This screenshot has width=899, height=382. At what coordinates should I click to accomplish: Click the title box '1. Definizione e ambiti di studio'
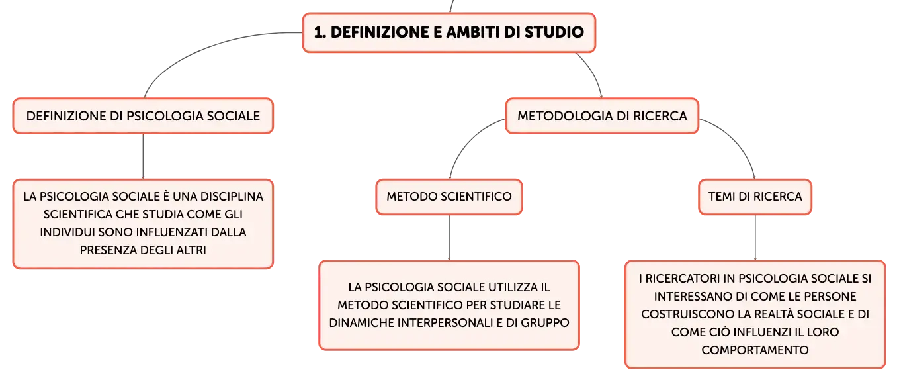click(x=449, y=32)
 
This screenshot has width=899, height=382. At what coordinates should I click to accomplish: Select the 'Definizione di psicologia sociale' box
click(x=143, y=116)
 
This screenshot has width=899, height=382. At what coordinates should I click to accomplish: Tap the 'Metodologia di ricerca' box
click(x=602, y=116)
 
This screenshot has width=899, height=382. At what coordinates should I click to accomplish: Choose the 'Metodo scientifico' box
click(x=449, y=197)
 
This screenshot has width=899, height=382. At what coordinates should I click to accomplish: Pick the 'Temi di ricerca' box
click(x=755, y=197)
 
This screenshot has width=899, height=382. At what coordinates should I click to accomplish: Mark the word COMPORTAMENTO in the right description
click(x=755, y=350)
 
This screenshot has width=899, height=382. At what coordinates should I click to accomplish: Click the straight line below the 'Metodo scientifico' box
click(x=449, y=238)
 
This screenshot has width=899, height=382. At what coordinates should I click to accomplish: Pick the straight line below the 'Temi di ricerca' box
click(x=755, y=238)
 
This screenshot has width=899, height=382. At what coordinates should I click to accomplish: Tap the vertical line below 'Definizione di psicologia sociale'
click(x=143, y=156)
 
